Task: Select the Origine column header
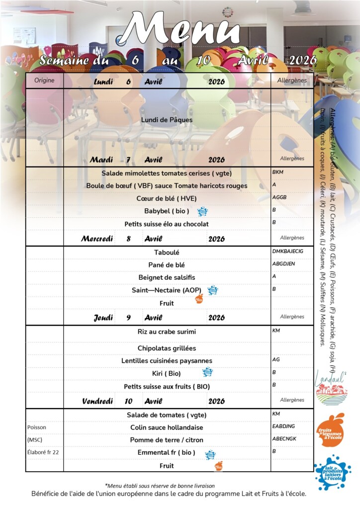pos(44,80)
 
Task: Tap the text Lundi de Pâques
pos(167,120)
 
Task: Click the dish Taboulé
pos(167,253)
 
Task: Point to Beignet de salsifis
pos(167,277)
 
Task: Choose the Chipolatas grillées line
pos(167,348)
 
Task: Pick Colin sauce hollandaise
pos(167,427)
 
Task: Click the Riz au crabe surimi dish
pos(167,332)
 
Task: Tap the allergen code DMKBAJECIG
pos(287,251)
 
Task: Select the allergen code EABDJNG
pos(283,426)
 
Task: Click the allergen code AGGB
pos(279,197)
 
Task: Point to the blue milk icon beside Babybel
pos(202,212)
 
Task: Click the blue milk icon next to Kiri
pos(207,372)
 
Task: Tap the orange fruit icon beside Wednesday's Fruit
pos(199,298)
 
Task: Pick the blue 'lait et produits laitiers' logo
pos(332,472)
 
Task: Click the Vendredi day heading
pos(97,401)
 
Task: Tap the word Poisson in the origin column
pos(37,427)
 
